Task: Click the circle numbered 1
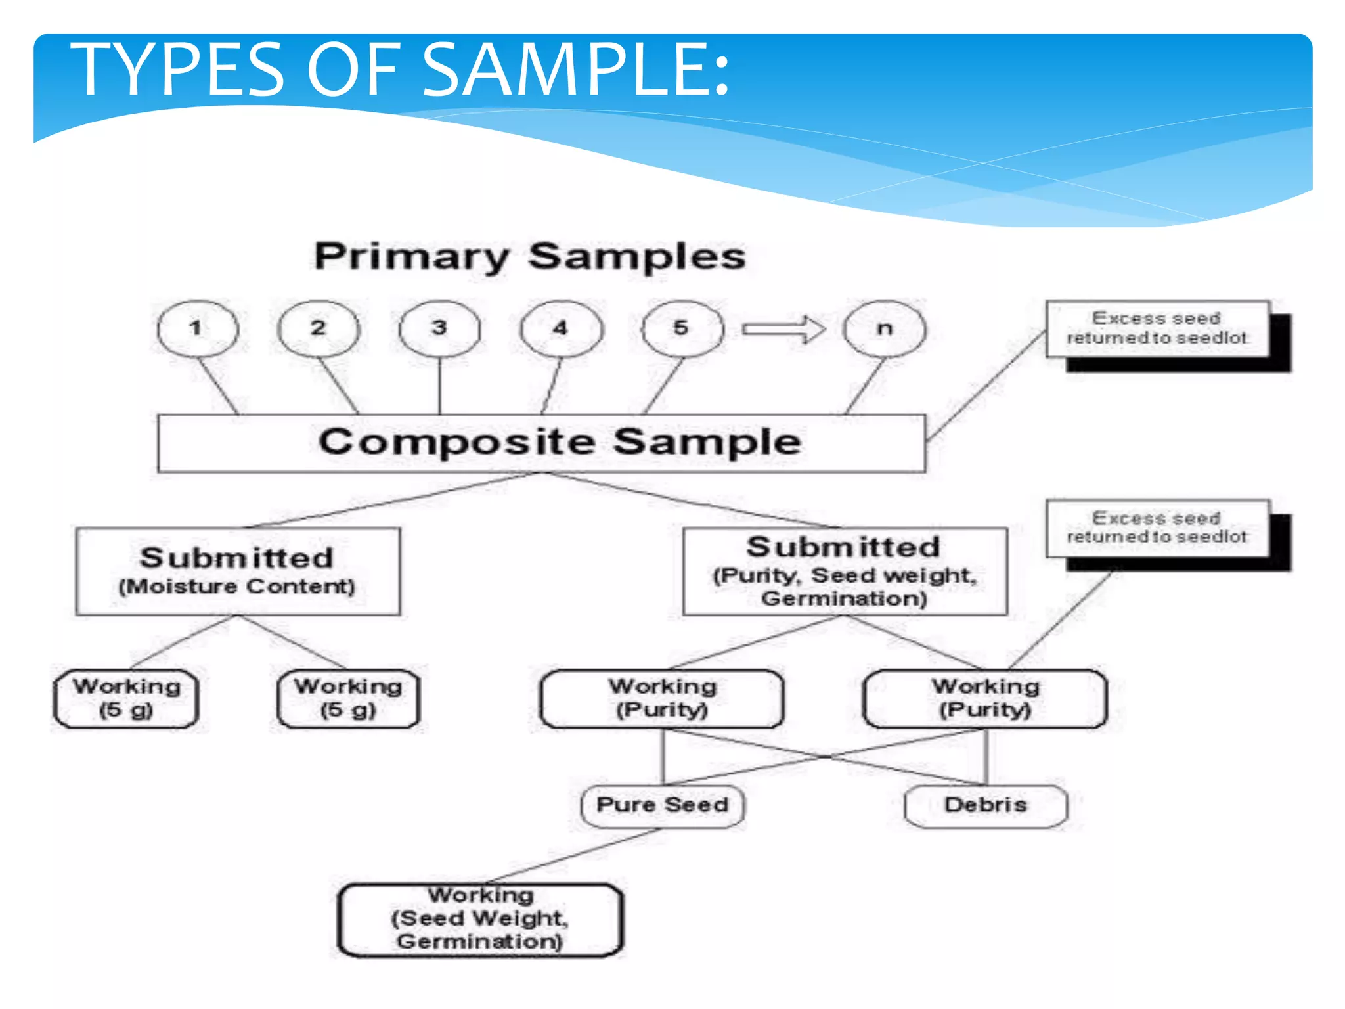tap(198, 328)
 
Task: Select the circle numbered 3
tap(439, 328)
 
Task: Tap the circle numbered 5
tap(682, 328)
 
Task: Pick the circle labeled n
tap(885, 328)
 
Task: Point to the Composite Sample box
tap(541, 443)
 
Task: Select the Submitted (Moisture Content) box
tap(237, 571)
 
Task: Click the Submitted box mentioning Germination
tap(845, 571)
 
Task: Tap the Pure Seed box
tap(662, 805)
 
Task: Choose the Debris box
tap(985, 805)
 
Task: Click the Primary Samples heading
tap(530, 256)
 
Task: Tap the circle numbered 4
tap(561, 328)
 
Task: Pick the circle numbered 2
tap(319, 328)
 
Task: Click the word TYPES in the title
tap(177, 70)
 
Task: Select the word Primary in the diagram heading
tap(412, 256)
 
